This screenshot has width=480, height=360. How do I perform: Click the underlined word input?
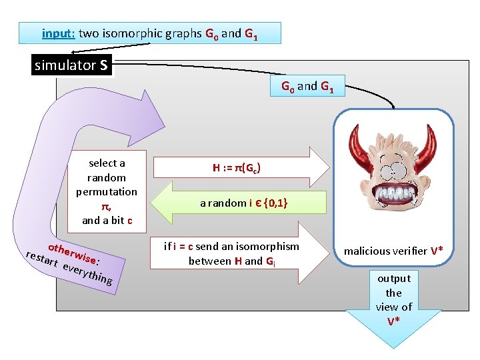58,33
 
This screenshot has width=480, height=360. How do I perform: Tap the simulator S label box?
71,65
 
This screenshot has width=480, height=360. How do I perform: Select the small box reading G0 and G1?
307,86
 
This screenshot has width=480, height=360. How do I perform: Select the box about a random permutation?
107,191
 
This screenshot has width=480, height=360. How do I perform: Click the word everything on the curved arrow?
87,272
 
